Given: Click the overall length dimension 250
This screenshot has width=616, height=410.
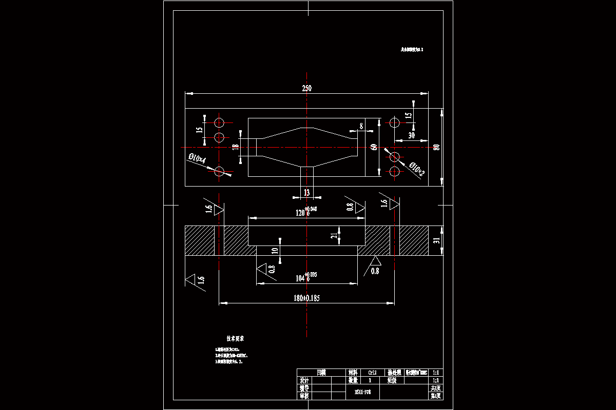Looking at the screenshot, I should click(306, 88).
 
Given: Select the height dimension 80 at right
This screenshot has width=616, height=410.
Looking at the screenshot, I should click(436, 147).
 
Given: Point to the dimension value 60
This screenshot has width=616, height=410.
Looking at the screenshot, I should click(374, 147).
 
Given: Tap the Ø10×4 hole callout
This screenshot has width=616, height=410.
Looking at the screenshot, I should click(197, 159).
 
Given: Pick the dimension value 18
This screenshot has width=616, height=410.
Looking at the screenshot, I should click(236, 147).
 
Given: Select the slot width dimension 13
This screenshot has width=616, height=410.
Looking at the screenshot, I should click(306, 193).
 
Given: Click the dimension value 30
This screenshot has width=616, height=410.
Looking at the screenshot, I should click(411, 136).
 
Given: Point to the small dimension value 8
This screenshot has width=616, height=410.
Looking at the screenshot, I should click(361, 125).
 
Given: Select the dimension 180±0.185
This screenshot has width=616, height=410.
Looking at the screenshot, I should click(306, 298).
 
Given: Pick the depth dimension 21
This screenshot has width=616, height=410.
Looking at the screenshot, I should click(334, 235).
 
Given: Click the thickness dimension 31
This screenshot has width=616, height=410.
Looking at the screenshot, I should click(437, 240).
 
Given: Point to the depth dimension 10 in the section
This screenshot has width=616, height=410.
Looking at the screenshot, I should click(275, 250).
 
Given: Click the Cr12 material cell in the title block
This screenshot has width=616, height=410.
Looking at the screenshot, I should click(372, 373).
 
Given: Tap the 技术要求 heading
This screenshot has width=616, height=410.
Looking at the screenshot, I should click(235, 339).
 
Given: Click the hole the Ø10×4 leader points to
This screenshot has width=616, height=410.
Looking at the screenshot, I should click(220, 172).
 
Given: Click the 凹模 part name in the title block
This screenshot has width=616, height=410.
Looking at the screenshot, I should click(321, 373).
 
